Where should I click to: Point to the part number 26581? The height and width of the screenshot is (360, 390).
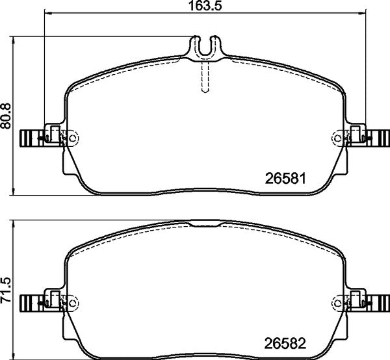287,177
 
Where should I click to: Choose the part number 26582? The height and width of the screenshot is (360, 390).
287,342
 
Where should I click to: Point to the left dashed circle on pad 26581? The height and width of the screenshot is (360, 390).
72,137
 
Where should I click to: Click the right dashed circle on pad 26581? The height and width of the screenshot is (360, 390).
338,137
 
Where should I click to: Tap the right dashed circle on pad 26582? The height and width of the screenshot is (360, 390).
338,302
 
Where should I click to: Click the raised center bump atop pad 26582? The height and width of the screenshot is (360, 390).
205,224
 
